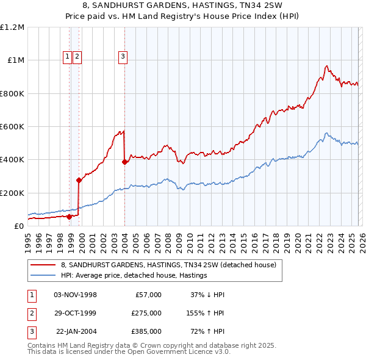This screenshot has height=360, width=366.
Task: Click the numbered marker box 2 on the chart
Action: point(77,57)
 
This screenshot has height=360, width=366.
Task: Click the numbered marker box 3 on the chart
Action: point(123,57)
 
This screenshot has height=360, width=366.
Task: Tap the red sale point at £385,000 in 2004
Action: point(124,162)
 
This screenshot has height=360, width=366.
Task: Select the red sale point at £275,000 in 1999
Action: point(79,180)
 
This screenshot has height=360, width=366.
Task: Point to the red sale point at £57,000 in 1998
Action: point(69,216)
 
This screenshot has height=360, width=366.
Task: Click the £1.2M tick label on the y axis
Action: point(12,27)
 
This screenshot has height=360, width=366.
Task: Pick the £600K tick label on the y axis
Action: point(12,127)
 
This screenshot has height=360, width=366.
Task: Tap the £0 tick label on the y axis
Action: point(18,226)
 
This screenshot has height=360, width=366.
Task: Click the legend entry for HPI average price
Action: point(134,275)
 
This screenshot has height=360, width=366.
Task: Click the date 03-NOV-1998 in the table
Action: point(76,295)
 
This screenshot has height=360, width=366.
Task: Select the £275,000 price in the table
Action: point(146,313)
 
